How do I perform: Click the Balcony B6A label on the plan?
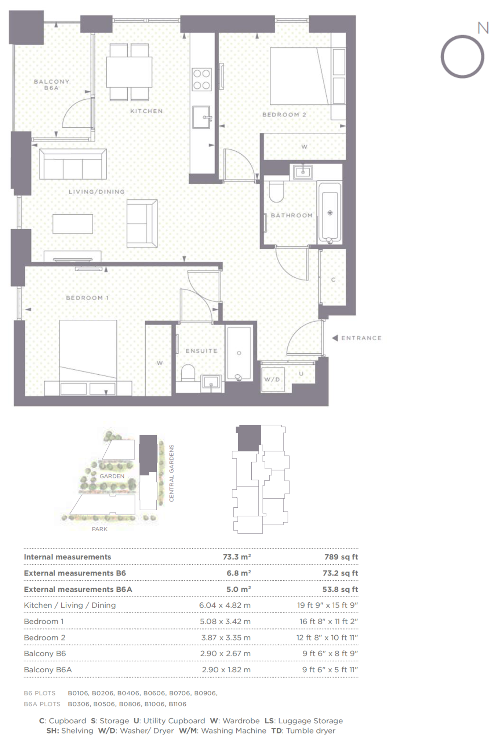(52, 85)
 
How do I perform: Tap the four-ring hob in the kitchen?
(201, 79)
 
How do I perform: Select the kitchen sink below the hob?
(201, 117)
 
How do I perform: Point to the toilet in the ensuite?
(189, 373)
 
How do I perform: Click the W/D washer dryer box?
(272, 379)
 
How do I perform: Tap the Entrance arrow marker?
(335, 338)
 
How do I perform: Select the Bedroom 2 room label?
(284, 115)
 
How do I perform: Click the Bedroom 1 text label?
(87, 298)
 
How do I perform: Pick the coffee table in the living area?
(73, 224)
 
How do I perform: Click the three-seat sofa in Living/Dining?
(73, 164)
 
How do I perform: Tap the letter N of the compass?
(483, 28)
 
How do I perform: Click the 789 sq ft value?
(341, 557)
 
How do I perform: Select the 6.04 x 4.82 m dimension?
(225, 605)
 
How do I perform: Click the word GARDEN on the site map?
(112, 476)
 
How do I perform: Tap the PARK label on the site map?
(100, 529)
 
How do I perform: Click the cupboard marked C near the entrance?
(333, 279)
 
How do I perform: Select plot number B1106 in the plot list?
(178, 704)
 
